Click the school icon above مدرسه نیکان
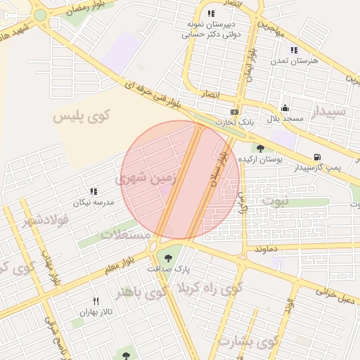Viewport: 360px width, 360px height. coord(93,191)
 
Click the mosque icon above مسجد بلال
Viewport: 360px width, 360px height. coord(284,108)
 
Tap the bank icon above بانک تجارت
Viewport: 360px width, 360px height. coord(234,112)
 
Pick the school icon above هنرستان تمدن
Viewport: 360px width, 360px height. coord(294,50)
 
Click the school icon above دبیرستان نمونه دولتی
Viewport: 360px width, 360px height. coord(211,13)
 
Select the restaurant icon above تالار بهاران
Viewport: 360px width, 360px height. coord(96,301)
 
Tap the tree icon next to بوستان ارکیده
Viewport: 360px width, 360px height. coord(261,148)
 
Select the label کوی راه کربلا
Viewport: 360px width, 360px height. coord(210,288)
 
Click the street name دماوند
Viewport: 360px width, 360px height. coord(268,249)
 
